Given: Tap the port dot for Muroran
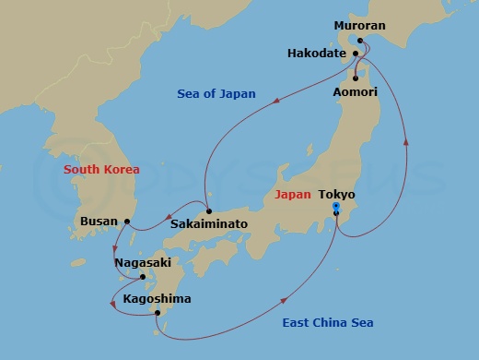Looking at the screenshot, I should pyautogui.click(x=361, y=41).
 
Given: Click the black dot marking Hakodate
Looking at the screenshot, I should pyautogui.click(x=355, y=54).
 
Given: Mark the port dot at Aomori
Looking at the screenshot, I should pyautogui.click(x=356, y=78).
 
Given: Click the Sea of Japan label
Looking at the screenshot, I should pyautogui.click(x=216, y=94).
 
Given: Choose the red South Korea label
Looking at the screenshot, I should pyautogui.click(x=101, y=170).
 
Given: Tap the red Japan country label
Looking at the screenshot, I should pyautogui.click(x=293, y=195).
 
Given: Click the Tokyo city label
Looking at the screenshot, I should pyautogui.click(x=336, y=195).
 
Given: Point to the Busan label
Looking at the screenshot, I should pyautogui.click(x=99, y=222).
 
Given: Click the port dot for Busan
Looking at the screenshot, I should pyautogui.click(x=128, y=222).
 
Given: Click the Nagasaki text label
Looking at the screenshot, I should pyautogui.click(x=142, y=263).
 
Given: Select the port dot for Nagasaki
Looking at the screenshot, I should pyautogui.click(x=142, y=276).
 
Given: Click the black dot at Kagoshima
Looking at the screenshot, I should pyautogui.click(x=158, y=314).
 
